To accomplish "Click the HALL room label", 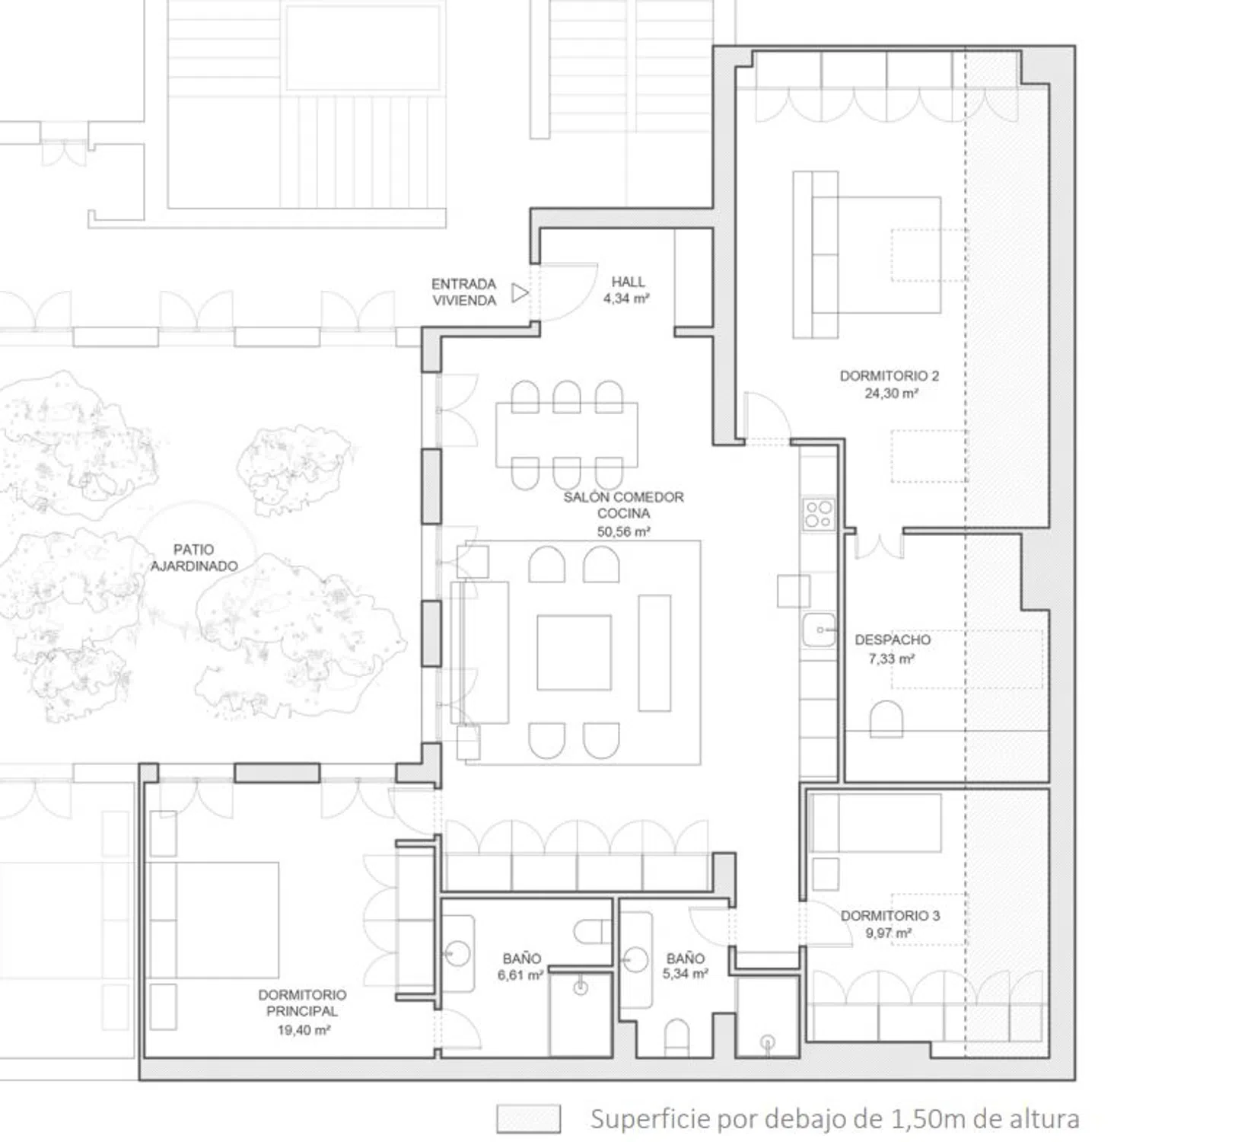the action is point(628,282).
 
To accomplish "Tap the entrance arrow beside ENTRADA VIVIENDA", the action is point(520,292).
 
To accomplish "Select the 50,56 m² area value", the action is point(623,531).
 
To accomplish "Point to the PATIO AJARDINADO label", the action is point(194,557).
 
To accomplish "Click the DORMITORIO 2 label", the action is point(889,376).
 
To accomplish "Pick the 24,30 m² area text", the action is point(891,394).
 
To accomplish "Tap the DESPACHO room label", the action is point(893,640).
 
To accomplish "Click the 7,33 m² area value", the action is point(891,659).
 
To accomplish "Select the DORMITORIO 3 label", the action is point(890,916).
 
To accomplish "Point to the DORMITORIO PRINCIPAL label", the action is point(302,1003).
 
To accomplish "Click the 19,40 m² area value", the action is point(304,1030).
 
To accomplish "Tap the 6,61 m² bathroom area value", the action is point(520,975).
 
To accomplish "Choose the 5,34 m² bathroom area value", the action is point(685,974).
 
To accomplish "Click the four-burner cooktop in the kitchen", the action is point(819,514).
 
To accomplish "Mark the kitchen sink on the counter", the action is point(819,630).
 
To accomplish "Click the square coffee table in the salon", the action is point(574,652).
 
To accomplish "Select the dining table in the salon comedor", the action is point(567,434).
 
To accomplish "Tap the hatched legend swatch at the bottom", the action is point(528,1118).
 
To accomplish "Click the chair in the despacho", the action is point(886,719).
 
